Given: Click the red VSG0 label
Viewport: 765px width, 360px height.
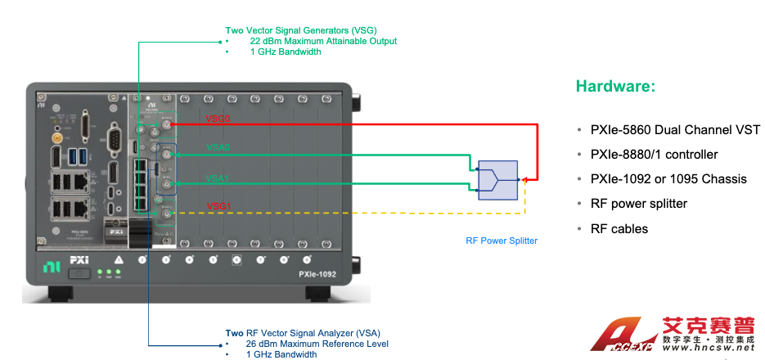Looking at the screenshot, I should point(218,119).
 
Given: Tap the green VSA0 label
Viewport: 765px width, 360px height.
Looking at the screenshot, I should point(218,147).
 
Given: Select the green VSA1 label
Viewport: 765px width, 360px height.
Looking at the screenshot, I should point(218,177).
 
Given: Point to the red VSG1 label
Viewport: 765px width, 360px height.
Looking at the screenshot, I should point(218,205).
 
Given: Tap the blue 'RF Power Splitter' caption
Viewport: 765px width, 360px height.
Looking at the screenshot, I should point(502,241).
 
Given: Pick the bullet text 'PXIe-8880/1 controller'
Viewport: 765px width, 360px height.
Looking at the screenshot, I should point(654,155).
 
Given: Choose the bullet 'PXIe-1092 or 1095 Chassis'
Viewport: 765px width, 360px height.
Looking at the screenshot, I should point(668,179).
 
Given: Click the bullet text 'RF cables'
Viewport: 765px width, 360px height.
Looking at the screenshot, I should point(619,228).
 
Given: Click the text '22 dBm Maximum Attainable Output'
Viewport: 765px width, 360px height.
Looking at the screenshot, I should point(323,41).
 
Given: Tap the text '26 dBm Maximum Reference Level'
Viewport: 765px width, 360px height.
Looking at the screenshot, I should point(317,344).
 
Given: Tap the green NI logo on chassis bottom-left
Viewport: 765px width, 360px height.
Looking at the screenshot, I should point(51,266).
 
